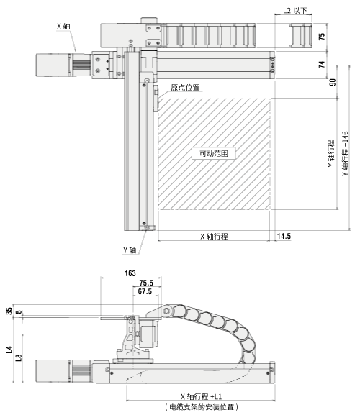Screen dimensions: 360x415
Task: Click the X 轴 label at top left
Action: point(63,27)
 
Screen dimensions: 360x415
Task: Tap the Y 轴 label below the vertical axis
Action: point(130,250)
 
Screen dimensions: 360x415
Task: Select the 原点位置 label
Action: point(185,88)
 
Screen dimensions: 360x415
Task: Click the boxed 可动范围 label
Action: point(214,153)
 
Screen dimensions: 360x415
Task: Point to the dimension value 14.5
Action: point(284,236)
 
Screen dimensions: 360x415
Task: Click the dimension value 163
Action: point(130,273)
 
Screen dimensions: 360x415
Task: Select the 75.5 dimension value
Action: point(146,283)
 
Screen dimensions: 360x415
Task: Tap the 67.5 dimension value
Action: point(145,292)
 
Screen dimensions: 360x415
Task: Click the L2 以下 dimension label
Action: point(294,11)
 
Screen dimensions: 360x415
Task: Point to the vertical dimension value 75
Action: point(322,37)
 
